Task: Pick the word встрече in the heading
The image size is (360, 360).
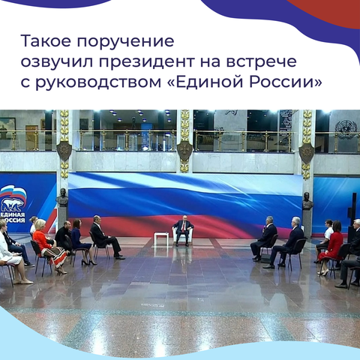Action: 261,62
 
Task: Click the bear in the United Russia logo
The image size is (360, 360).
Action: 12,205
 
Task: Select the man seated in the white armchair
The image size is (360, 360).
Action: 183,229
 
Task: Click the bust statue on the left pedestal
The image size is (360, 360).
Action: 62,198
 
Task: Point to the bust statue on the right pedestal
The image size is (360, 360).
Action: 307,201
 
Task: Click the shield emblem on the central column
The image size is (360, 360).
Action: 184,151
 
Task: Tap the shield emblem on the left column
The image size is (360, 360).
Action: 64,151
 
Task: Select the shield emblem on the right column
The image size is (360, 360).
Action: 307,153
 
